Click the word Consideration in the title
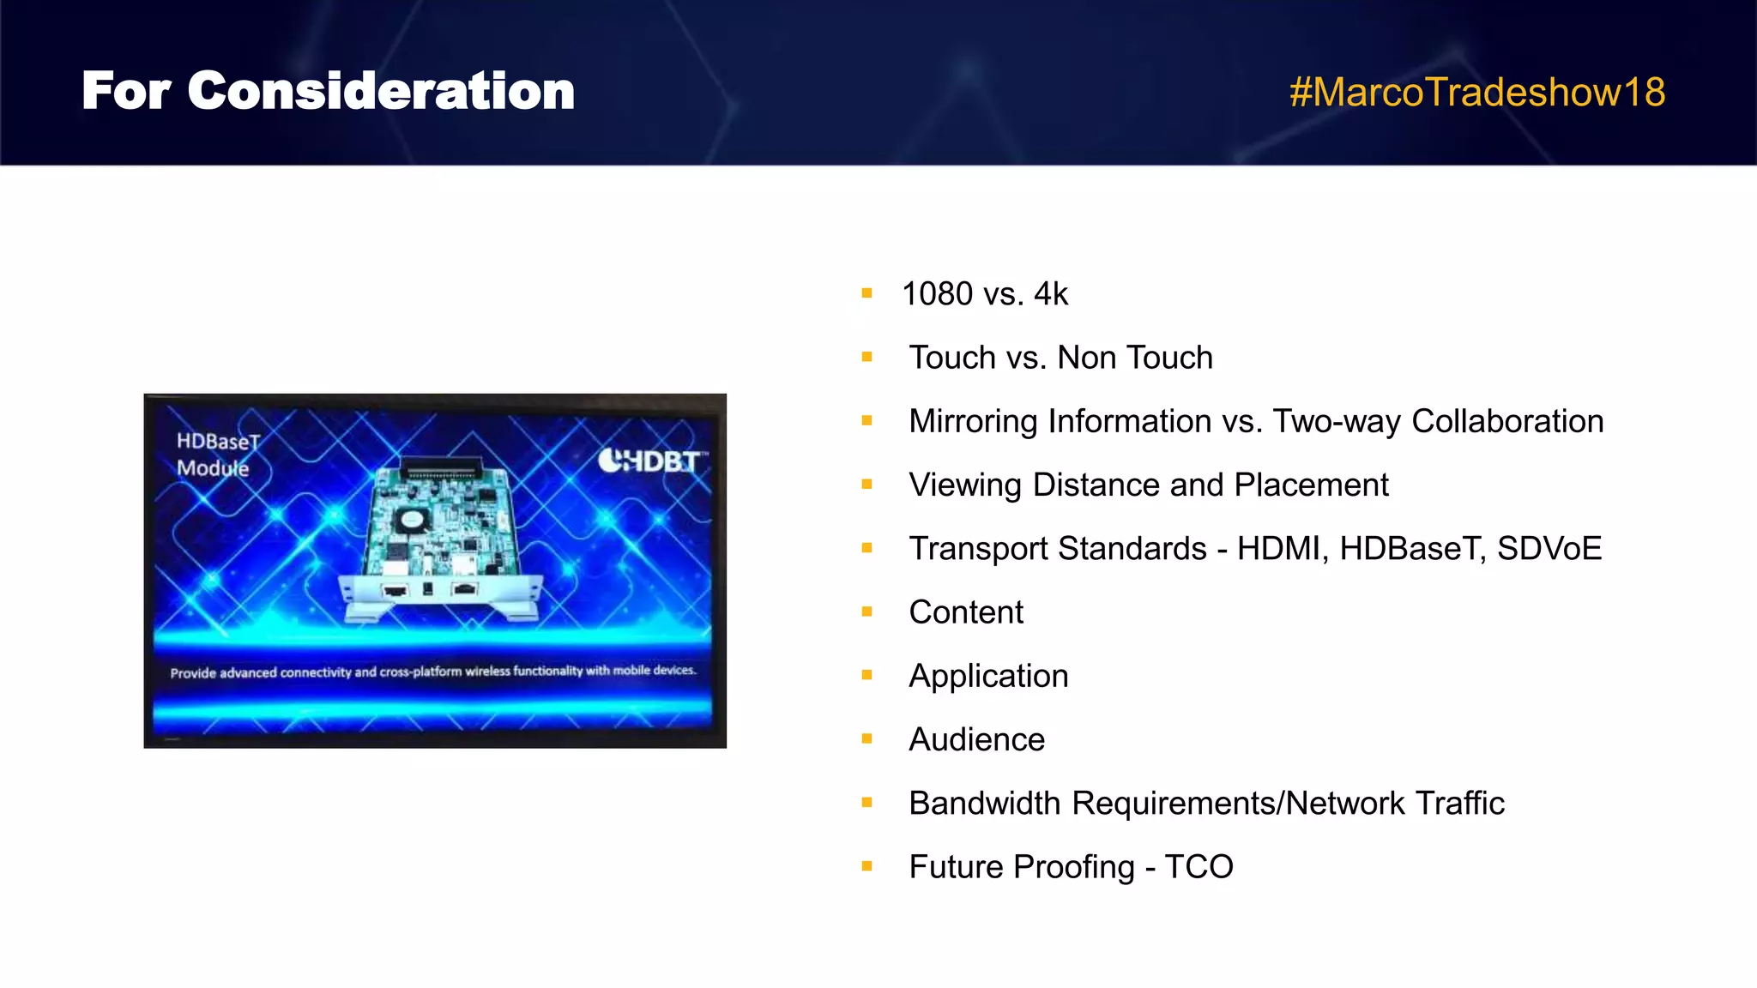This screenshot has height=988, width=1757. (x=381, y=91)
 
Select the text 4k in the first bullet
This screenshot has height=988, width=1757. (x=1050, y=294)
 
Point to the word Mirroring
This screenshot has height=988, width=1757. (x=974, y=422)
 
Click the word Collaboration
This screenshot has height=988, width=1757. (x=1506, y=421)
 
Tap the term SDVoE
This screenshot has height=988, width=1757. (x=1549, y=549)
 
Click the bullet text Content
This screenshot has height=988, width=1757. (x=966, y=612)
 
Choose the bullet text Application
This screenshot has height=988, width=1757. (x=988, y=677)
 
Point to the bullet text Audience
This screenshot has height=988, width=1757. (x=976, y=740)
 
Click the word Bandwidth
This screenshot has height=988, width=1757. (x=984, y=804)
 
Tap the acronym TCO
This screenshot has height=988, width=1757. (x=1199, y=867)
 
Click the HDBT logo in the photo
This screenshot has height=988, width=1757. (x=652, y=461)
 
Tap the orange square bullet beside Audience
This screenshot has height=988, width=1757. (x=866, y=738)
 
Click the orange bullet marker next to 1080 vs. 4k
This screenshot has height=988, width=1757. (x=866, y=293)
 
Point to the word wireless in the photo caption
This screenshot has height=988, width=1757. (x=487, y=672)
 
